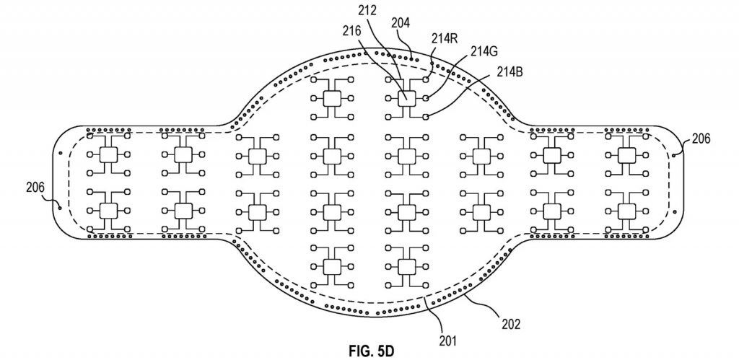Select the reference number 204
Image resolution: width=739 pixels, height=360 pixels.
click(x=401, y=23)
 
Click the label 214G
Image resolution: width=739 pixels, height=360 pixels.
click(x=484, y=51)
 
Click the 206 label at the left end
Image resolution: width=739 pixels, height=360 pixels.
click(x=35, y=187)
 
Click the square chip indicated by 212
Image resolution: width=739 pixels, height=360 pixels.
click(x=406, y=97)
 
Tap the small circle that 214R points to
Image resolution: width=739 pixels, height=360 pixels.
click(x=427, y=79)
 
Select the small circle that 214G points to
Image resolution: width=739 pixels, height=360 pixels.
click(x=427, y=97)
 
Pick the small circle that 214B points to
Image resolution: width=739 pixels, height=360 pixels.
click(x=427, y=115)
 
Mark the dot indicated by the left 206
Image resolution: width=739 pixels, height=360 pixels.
click(x=58, y=205)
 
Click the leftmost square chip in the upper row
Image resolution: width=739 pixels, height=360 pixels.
click(x=109, y=154)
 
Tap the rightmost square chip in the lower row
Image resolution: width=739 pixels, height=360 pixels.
click(x=626, y=210)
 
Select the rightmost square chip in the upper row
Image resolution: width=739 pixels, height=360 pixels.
click(x=626, y=154)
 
